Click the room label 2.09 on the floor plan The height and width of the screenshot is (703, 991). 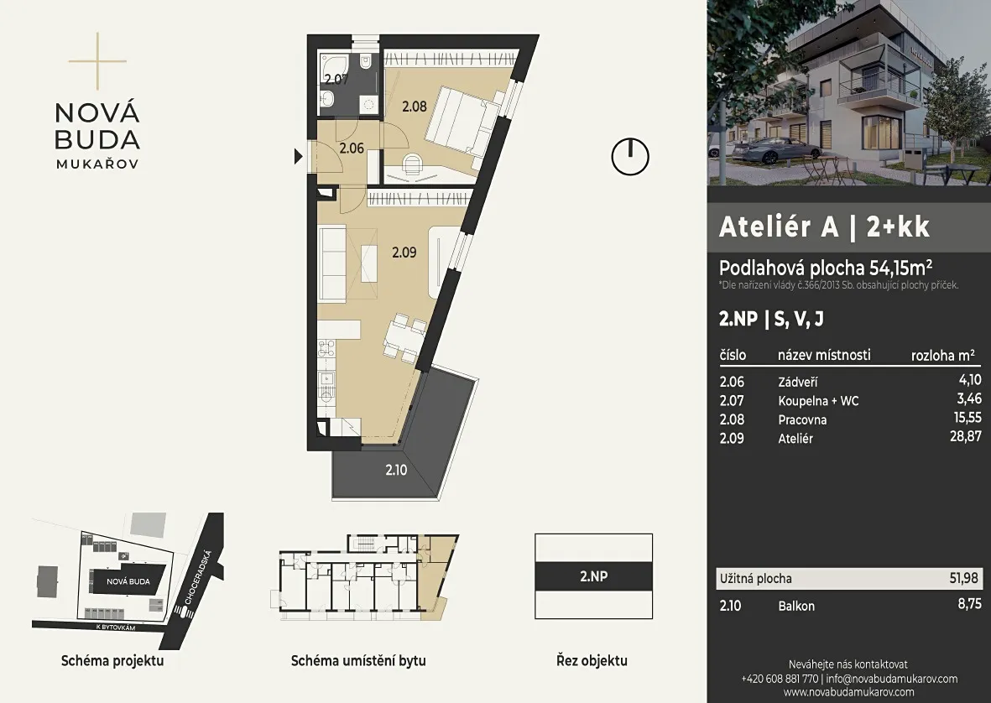[404, 253]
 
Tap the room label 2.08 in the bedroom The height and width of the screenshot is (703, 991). [415, 106]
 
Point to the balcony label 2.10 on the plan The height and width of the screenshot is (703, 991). [396, 470]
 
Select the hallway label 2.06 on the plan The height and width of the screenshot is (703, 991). [352, 149]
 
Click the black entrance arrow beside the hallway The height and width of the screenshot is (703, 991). [299, 156]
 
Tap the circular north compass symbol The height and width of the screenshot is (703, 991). [630, 157]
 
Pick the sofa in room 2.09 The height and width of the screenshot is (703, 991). [331, 265]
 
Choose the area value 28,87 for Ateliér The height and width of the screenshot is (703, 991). [965, 436]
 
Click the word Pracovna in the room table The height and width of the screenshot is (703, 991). [802, 420]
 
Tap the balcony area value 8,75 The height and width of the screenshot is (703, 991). [969, 604]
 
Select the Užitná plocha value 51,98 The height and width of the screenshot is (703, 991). [963, 578]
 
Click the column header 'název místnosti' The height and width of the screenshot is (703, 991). [824, 355]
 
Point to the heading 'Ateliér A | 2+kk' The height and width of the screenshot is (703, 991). [824, 227]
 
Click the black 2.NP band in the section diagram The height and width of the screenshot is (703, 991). [593, 576]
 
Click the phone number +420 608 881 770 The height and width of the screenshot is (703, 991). [780, 679]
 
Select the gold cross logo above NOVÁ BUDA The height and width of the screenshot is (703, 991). [97, 61]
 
